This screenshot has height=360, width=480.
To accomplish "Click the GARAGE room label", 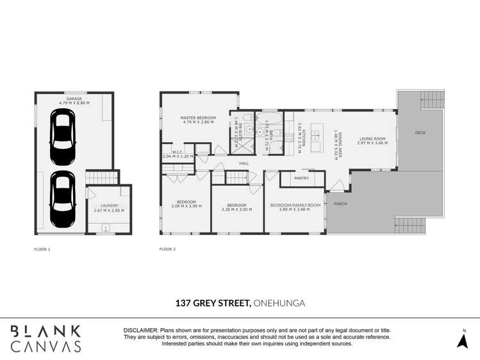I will pyautogui.click(x=74, y=99).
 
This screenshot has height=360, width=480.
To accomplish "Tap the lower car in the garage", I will pyautogui.click(x=62, y=199).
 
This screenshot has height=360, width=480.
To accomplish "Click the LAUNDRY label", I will pyautogui.click(x=109, y=206).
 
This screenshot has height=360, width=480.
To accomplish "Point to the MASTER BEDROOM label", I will pyautogui.click(x=198, y=118).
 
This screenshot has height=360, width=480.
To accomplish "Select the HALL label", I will pyautogui.click(x=244, y=163).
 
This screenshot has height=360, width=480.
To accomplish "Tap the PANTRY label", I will pyautogui.click(x=301, y=178).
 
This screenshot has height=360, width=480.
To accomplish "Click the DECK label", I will pyautogui.click(x=420, y=133).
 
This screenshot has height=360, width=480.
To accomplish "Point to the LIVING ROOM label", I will pyautogui.click(x=372, y=138).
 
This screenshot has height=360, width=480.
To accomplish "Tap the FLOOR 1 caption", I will pyautogui.click(x=42, y=249).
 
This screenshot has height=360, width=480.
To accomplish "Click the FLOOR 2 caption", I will pyautogui.click(x=167, y=249).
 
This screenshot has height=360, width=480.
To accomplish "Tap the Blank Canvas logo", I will pyautogui.click(x=46, y=338).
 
